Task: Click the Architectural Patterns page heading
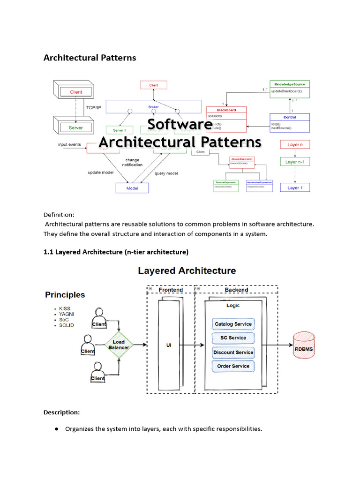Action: tap(90, 58)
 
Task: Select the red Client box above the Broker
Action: tap(154, 85)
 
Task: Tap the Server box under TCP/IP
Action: tap(75, 127)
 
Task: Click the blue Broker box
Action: tap(153, 107)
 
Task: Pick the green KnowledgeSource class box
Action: tap(290, 84)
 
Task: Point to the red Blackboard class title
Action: tap(226, 110)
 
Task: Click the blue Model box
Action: tap(132, 187)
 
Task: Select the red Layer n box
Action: tap(295, 145)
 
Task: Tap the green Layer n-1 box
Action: tap(295, 162)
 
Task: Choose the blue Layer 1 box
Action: tap(295, 187)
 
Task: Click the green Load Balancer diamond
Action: tap(119, 345)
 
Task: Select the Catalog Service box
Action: tap(233, 324)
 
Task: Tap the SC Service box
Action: tap(233, 338)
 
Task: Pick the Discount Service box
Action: tap(233, 352)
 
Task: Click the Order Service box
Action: tap(233, 366)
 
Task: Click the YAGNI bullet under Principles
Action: tap(66, 314)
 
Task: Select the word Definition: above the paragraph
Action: tap(59, 214)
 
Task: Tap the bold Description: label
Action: tap(61, 412)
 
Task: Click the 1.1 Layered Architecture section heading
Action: tap(116, 252)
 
